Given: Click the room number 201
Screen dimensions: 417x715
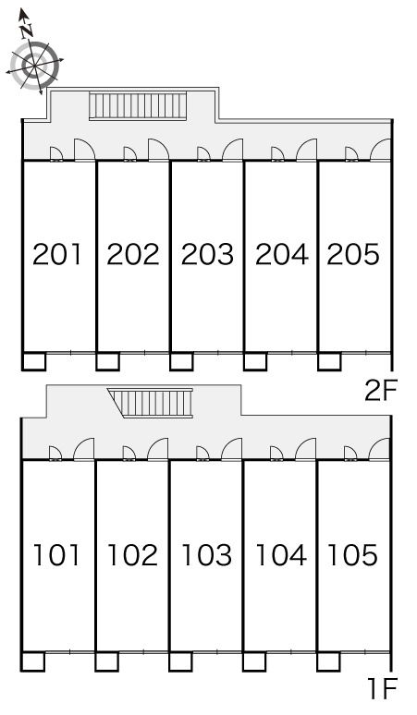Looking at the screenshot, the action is point(56,254).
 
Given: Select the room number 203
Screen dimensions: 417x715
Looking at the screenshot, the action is point(207,254).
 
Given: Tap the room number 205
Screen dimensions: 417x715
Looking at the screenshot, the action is point(352,254).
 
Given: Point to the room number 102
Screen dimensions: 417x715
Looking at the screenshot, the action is point(132,555).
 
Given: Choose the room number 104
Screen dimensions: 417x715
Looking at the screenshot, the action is point(281,555).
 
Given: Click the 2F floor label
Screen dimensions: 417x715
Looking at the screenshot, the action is point(381,392).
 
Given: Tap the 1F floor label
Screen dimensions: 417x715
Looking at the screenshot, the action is point(382,688).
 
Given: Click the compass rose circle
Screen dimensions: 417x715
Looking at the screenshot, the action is point(35,66).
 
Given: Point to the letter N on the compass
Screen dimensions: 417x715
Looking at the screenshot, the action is point(27,30).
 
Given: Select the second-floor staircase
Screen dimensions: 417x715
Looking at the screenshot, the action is point(138,106).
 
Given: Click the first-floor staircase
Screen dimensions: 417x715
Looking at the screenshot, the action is point(152,403).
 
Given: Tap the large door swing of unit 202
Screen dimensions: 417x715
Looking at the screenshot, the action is point(159,150).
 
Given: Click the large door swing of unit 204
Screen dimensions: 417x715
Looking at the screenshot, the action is point(306,150).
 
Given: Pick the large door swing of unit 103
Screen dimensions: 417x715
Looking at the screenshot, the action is point(231,449).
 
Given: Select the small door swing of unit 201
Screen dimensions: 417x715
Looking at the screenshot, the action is point(56,154).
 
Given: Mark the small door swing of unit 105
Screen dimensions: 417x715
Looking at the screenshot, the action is point(350,454).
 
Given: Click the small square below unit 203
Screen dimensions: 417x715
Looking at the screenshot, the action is point(181,361).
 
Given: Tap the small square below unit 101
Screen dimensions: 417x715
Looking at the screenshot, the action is point(33,661).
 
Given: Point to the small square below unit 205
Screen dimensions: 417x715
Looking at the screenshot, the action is point(329,361).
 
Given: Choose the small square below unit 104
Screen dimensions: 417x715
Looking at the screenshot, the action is point(254,661).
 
